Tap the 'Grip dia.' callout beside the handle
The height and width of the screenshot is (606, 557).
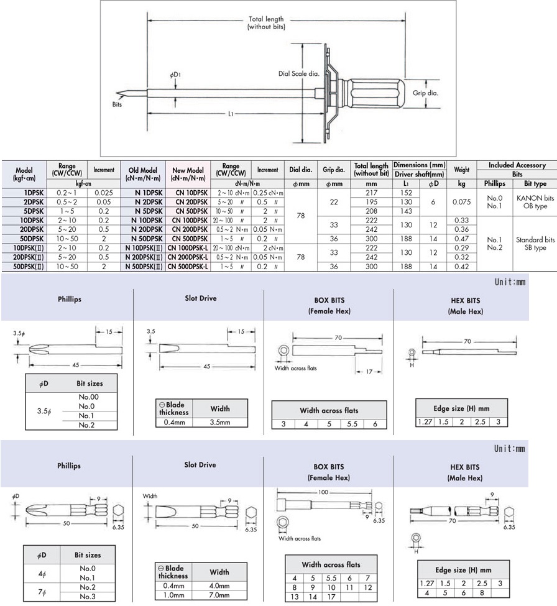click(426, 93)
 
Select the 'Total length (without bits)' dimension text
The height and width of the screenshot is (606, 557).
click(266, 23)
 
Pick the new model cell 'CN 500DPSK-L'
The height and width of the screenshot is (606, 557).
click(188, 266)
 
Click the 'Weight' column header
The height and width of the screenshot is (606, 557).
click(461, 169)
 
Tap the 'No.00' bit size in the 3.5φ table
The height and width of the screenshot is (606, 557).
click(89, 397)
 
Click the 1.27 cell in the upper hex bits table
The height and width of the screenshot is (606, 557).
click(425, 422)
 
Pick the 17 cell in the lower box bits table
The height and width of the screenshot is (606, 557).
click(331, 597)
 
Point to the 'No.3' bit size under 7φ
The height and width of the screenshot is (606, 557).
click(88, 597)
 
